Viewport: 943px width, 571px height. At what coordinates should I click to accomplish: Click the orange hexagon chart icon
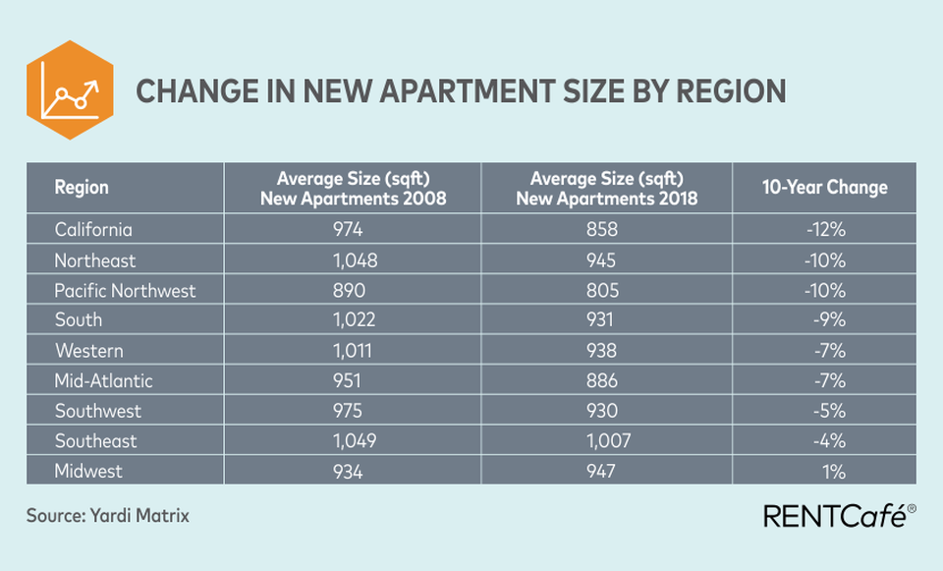click(x=70, y=90)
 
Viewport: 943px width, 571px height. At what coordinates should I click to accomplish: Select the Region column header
click(x=82, y=187)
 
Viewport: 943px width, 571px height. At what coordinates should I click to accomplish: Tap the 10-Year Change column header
click(x=824, y=187)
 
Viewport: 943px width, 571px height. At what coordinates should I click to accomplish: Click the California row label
click(x=93, y=229)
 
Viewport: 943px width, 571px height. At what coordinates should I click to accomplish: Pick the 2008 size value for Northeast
click(x=355, y=259)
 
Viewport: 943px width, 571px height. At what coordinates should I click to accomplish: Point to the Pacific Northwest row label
click(x=125, y=291)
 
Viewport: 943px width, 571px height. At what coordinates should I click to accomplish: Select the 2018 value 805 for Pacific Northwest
click(x=602, y=291)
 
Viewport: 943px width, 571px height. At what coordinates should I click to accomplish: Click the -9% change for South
click(x=829, y=319)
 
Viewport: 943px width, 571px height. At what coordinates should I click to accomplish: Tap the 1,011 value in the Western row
click(x=353, y=350)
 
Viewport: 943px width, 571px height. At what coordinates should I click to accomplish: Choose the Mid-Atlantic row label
click(x=103, y=381)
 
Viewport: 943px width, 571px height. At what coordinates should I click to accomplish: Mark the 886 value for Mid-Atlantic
click(x=602, y=381)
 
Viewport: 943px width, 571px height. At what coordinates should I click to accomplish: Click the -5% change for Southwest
click(x=829, y=411)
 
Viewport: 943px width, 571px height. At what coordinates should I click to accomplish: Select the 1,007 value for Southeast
click(x=609, y=441)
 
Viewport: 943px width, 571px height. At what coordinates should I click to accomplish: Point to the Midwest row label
click(x=88, y=471)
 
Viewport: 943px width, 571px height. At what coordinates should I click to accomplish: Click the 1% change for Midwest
click(x=834, y=472)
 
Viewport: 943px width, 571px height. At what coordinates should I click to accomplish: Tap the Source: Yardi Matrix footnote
click(x=108, y=516)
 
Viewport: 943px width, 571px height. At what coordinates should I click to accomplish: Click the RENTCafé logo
click(x=840, y=516)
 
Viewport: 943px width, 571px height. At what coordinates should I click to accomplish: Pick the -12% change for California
click(x=826, y=229)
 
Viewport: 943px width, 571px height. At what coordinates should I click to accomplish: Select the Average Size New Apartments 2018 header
click(x=607, y=188)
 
